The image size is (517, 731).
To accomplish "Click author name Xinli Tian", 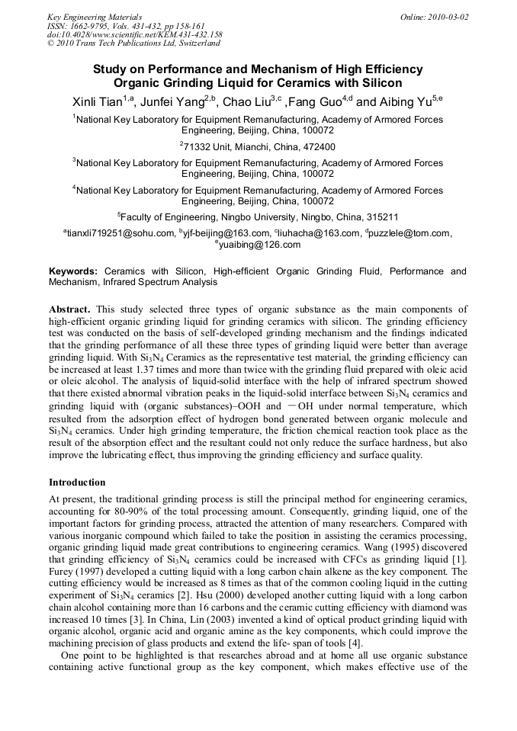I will [95, 101].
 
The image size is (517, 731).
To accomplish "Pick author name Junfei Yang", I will [175, 101].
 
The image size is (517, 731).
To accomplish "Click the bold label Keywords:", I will [73, 271].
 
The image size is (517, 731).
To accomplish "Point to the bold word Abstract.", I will [69, 309].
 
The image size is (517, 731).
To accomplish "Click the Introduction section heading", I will [77, 483].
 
